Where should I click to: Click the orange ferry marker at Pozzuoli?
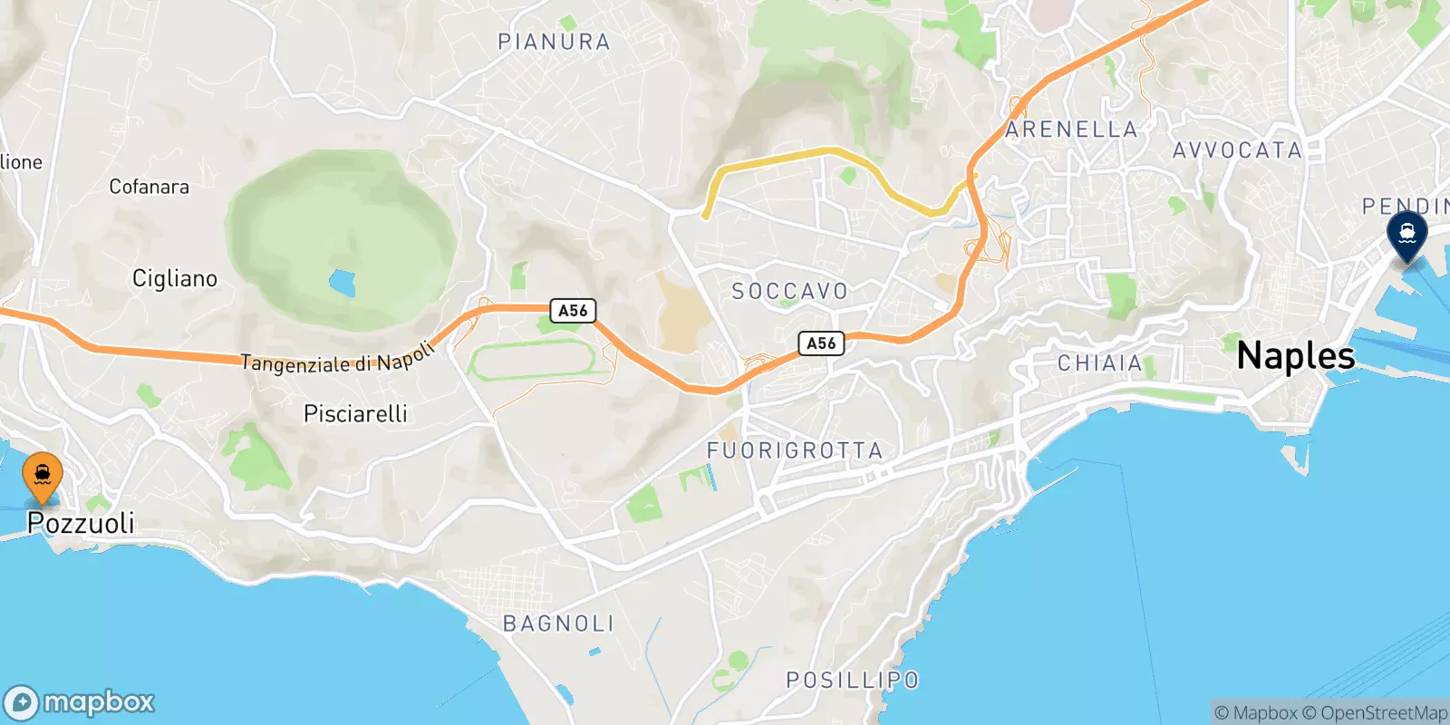[43, 474]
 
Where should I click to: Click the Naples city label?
[1295, 356]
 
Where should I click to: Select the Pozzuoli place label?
[81, 523]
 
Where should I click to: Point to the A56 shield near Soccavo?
[821, 343]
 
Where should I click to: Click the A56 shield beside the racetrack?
[573, 311]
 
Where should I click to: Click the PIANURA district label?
[554, 42]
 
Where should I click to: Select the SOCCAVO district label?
[789, 291]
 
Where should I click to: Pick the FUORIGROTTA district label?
[794, 450]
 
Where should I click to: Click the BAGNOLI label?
[558, 623]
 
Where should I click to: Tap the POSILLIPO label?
[852, 680]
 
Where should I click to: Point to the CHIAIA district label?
[1099, 363]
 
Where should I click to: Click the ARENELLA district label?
[1071, 130]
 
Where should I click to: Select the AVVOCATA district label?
[1236, 150]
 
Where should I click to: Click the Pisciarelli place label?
[355, 414]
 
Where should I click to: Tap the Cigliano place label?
[175, 278]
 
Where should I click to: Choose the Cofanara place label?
[149, 187]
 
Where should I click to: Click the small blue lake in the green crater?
[342, 284]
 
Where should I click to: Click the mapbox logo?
[80, 702]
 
